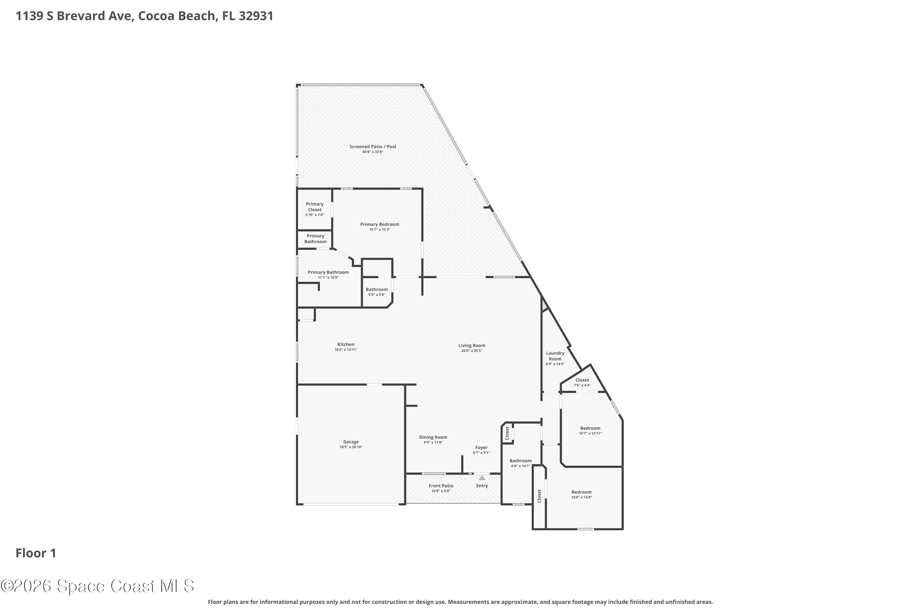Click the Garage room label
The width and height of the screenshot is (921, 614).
[351, 442]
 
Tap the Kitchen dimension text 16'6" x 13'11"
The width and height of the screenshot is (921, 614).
[346, 350]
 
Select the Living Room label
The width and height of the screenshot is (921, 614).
[472, 345]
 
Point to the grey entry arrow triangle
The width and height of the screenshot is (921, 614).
[482, 478]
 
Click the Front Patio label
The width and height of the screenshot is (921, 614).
[441, 486]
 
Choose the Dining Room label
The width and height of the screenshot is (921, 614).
[433, 437]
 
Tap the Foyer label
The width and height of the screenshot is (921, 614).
[481, 447]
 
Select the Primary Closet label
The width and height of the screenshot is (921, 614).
[315, 207]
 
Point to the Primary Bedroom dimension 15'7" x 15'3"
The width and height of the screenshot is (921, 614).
[379, 229]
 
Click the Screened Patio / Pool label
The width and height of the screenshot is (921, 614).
[373, 146]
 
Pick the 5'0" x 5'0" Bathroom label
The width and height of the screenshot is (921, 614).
[377, 290]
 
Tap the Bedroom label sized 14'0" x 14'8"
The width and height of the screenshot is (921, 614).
[581, 492]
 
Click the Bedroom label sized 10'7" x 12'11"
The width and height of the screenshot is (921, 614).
[590, 428]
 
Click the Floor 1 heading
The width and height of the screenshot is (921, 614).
[36, 553]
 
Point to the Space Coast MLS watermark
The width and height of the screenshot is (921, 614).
[97, 586]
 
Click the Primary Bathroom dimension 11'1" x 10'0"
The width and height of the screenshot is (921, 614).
[328, 278]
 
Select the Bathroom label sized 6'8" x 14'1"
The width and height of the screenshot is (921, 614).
[520, 460]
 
